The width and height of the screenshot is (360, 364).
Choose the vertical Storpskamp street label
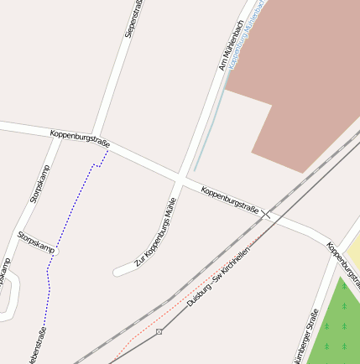[40, 184]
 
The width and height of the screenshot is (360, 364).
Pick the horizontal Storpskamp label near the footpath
[36, 243]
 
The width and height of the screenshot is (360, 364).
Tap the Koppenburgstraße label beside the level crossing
[229, 200]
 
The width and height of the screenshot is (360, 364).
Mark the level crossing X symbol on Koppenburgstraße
[266, 214]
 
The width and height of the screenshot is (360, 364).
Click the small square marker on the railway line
[159, 331]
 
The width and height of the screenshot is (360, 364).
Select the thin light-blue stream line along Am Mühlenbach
[210, 126]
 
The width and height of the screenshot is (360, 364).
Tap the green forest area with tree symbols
[336, 327]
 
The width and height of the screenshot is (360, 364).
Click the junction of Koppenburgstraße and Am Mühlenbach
[182, 179]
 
